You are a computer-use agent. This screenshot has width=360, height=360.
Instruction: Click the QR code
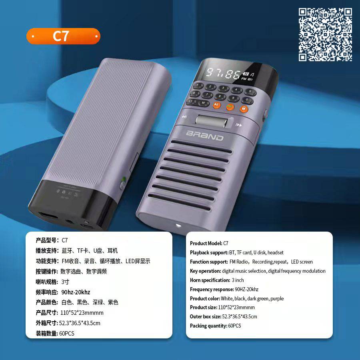pyautogui.click(x=325, y=34)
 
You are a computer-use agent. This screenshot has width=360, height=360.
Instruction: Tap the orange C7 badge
pyautogui.click(x=63, y=36)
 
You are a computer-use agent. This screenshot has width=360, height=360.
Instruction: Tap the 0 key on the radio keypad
pyautogui.click(x=247, y=100)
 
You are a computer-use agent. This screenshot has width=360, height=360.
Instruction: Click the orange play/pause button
pyautogui.click(x=216, y=105)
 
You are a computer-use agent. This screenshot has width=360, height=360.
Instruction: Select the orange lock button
pyautogui.click(x=244, y=108)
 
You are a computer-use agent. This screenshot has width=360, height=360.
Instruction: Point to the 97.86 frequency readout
pyautogui.click(x=222, y=73)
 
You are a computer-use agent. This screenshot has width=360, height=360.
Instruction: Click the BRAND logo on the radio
pyautogui.click(x=204, y=136)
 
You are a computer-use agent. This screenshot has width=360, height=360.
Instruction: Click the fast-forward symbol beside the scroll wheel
pyautogui.click(x=239, y=125)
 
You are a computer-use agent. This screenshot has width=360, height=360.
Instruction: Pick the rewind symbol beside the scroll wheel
pyautogui.click(x=184, y=117)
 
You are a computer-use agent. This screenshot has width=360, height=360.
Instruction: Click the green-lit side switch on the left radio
pyautogui.click(x=123, y=183)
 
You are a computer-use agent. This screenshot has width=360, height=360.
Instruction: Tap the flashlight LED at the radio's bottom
pyautogui.click(x=178, y=225)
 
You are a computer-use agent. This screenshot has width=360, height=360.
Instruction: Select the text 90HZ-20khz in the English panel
pyautogui.click(x=246, y=289)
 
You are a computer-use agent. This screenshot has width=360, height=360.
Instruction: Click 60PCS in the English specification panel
pyautogui.click(x=234, y=326)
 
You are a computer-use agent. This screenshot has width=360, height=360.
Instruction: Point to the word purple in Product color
pyautogui.click(x=277, y=299)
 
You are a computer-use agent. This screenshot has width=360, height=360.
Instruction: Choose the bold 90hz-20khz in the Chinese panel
pyautogui.click(x=76, y=292)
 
